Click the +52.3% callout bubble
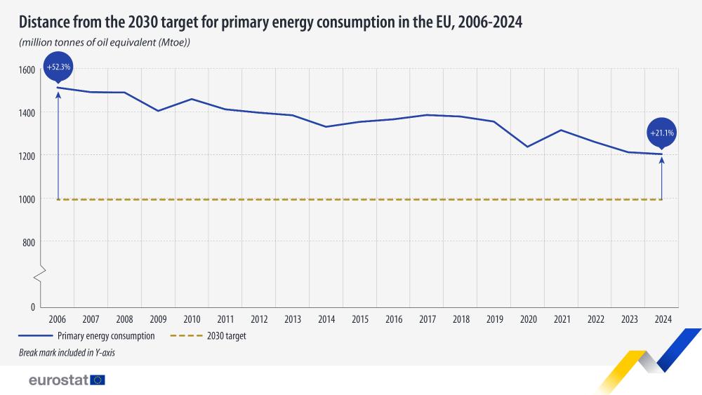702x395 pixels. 58,67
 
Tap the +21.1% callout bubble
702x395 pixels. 662,132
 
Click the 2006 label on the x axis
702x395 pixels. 58,319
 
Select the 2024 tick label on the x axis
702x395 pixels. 662,319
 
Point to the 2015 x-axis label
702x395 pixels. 360,319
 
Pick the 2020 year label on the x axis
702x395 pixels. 528,319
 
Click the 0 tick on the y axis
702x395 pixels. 32,307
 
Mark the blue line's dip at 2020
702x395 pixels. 528,147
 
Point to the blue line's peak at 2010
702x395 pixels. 192,99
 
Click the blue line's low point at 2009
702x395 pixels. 159,111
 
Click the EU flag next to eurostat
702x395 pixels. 98,380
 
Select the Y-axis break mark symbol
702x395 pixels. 43,272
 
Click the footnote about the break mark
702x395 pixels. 67,353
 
